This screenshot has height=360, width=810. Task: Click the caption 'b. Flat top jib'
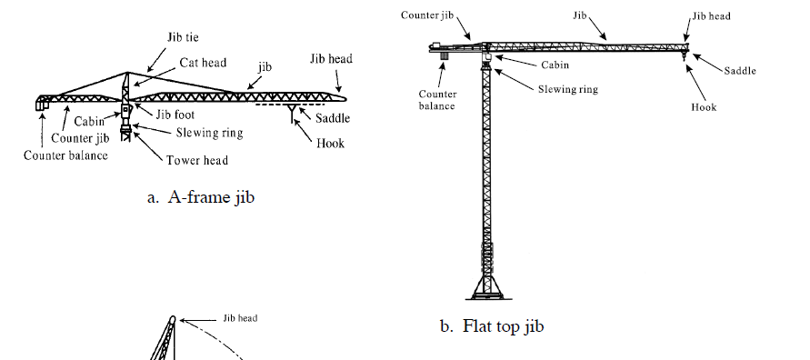[x=492, y=325]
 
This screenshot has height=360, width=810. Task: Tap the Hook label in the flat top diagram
[x=704, y=106]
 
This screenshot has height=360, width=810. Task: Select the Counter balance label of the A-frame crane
[x=65, y=155]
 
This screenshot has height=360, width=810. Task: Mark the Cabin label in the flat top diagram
[x=555, y=65]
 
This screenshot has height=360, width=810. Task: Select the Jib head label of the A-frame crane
[x=330, y=59]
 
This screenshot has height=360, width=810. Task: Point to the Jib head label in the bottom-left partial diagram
[x=240, y=318]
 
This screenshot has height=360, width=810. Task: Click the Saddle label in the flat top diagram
[x=741, y=71]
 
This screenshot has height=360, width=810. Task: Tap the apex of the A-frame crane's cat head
[x=126, y=73]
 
